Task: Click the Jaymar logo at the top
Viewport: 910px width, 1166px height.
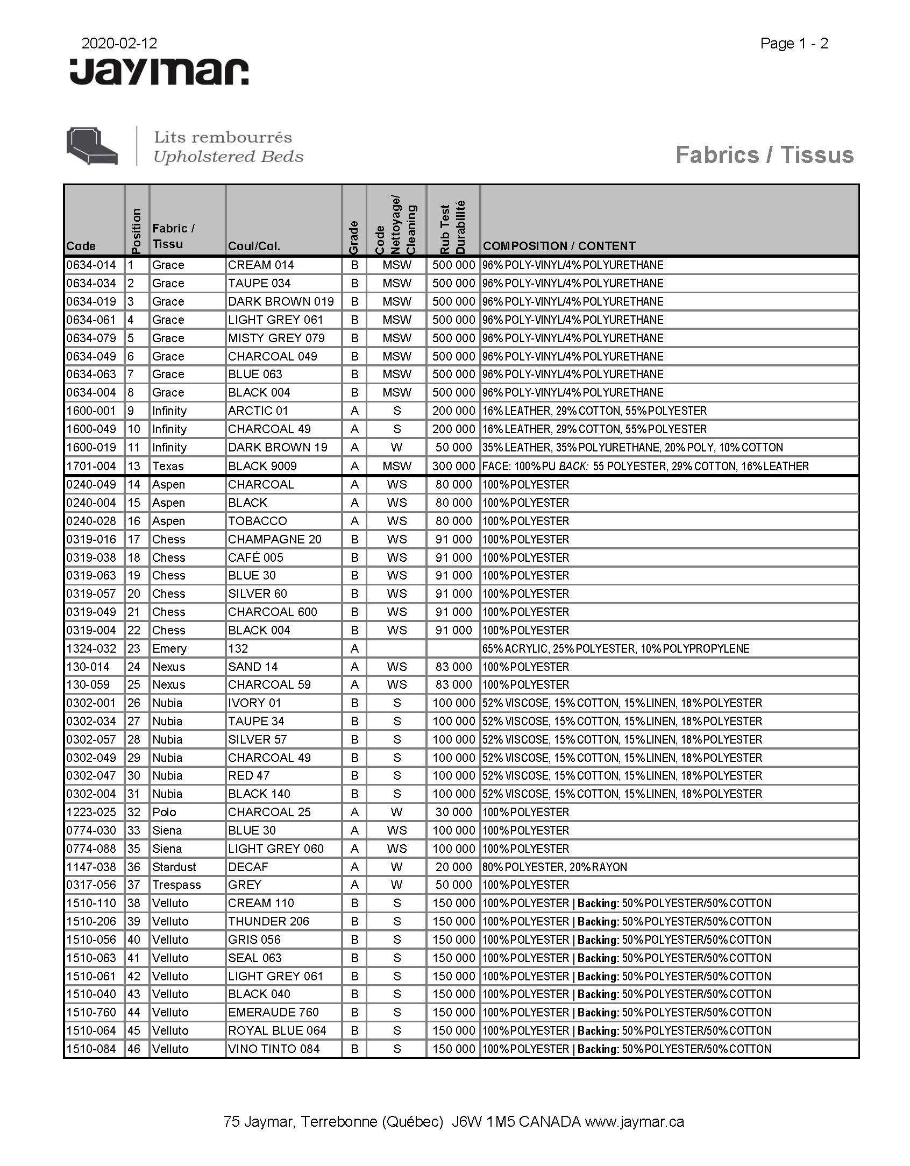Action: (159, 72)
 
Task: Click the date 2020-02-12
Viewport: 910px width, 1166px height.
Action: (119, 43)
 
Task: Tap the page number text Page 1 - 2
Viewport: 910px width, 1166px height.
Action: (794, 44)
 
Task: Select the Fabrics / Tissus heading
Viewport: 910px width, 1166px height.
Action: (764, 155)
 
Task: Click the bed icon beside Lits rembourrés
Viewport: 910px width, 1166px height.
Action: (92, 146)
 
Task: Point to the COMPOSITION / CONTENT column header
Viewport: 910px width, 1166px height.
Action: (559, 246)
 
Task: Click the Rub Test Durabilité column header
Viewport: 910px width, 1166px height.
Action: (452, 228)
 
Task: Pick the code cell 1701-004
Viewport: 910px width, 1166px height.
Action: (91, 466)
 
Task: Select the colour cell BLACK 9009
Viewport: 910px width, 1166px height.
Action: (262, 466)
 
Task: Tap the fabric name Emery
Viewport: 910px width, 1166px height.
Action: (169, 648)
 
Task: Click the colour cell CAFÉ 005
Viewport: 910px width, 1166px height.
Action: (255, 557)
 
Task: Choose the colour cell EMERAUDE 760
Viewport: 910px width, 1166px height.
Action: (273, 1012)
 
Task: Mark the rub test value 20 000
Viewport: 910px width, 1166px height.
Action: (453, 867)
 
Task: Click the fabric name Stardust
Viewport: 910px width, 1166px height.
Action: (174, 867)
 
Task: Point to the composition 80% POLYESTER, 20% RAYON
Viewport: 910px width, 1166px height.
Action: (554, 867)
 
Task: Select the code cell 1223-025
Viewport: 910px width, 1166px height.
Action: (91, 812)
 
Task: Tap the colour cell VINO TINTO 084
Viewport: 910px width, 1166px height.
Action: (274, 1049)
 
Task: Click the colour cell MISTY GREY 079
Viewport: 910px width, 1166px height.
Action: (276, 338)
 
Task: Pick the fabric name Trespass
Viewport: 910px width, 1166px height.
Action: (176, 885)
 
